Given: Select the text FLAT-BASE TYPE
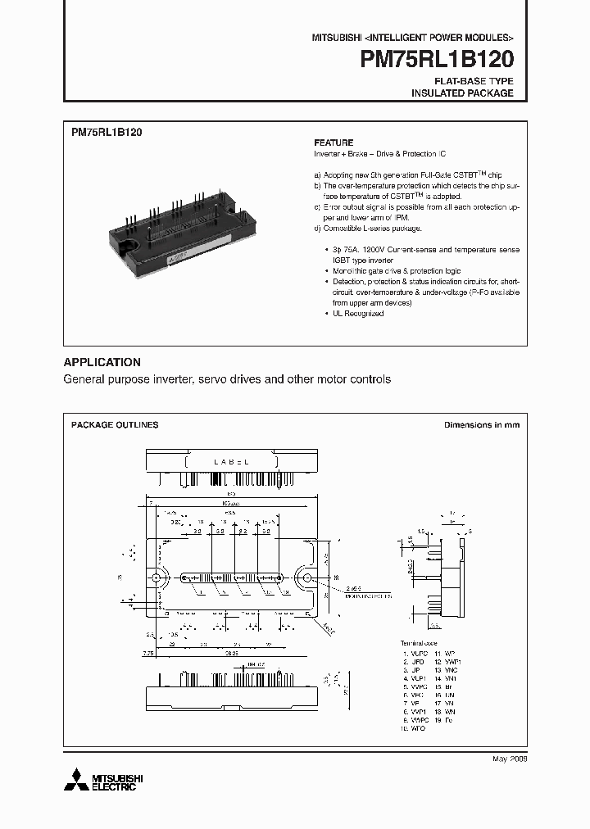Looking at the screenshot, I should tap(474, 81).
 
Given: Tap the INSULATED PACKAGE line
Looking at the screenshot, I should tap(462, 93).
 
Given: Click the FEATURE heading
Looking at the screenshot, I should tap(334, 143).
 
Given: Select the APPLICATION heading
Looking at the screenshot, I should tap(102, 362).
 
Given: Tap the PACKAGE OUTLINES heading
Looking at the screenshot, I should tap(115, 425).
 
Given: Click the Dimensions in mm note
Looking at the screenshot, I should tap(481, 425).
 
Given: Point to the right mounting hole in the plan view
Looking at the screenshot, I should tap(307, 579).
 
